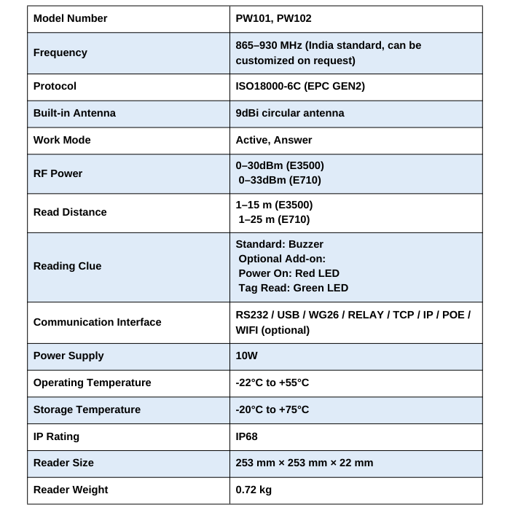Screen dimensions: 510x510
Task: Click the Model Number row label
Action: click(70, 18)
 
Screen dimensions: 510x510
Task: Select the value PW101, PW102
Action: click(273, 18)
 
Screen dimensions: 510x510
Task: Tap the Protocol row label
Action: click(55, 86)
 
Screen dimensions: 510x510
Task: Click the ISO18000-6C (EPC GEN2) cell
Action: click(300, 86)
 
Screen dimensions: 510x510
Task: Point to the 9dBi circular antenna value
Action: click(290, 113)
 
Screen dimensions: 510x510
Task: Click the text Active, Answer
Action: click(274, 140)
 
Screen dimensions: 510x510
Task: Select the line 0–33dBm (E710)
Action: click(280, 180)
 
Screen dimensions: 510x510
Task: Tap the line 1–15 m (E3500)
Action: click(274, 205)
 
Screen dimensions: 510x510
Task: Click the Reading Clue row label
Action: click(68, 266)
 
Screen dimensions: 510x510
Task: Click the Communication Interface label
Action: click(97, 322)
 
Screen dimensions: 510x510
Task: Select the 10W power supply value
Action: click(247, 356)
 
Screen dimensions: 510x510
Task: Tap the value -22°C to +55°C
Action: click(272, 382)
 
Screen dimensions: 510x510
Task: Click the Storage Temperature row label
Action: click(87, 409)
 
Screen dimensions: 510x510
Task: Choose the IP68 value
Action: click(247, 436)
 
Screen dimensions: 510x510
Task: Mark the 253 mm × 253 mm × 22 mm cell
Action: click(305, 463)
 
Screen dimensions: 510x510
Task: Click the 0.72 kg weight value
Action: click(254, 490)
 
